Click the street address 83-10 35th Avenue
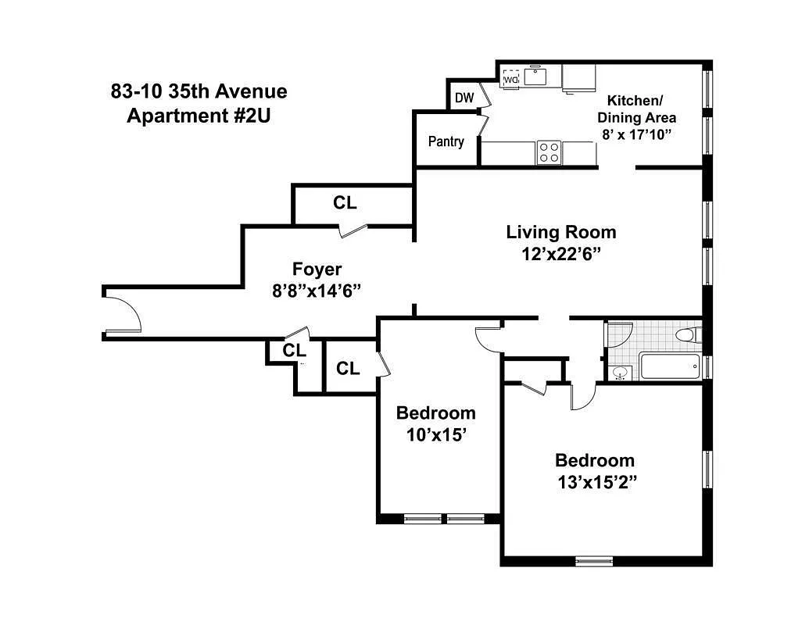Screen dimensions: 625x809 (x=199, y=91)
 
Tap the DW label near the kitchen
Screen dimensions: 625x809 (x=464, y=98)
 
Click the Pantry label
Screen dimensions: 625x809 (x=446, y=141)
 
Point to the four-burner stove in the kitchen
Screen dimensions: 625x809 (x=548, y=152)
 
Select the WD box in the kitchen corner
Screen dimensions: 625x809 (x=511, y=79)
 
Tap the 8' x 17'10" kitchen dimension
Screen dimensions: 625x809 (x=636, y=134)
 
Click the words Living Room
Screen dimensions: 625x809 (x=560, y=232)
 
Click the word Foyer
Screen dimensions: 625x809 (x=317, y=270)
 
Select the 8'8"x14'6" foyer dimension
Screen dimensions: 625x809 (x=317, y=291)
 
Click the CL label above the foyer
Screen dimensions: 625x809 (x=345, y=203)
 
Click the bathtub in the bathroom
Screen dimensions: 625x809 (x=669, y=366)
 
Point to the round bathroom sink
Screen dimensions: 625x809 (x=620, y=373)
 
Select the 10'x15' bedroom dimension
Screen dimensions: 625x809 (x=435, y=434)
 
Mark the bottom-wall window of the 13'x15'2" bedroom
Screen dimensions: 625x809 (x=594, y=559)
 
